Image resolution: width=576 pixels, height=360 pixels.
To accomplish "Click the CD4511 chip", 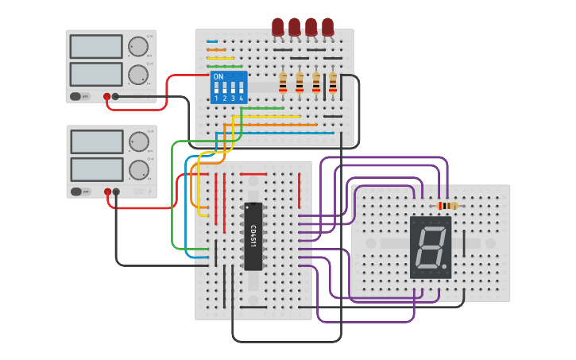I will coord(253,236).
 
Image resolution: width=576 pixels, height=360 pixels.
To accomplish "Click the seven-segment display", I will coord(431,247).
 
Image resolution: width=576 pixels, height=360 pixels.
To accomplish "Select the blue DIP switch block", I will coord(229,87).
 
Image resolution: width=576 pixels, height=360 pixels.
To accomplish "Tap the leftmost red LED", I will coord(277,27).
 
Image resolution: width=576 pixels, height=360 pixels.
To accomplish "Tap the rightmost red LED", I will coord(327,27).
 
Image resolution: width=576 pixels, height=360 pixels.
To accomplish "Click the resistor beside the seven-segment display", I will coord(447,206).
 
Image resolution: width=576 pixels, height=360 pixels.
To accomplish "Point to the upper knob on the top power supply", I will coord(138,46).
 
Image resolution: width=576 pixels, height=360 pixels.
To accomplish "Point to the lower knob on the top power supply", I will coord(138,75).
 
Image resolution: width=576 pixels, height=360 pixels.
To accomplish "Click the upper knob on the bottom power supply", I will coord(139,141).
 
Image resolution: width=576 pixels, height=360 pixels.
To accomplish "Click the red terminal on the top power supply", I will coord(106,96).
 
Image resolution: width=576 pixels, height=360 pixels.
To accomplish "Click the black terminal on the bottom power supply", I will coord(117,192).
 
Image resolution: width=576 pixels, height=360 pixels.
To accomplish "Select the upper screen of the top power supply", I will coord(96,46).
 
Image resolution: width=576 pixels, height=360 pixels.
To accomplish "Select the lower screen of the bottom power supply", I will coord(96,169).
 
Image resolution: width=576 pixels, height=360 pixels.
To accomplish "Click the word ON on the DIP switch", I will coord(218,76).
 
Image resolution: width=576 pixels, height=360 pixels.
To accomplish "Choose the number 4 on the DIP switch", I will coord(241,99).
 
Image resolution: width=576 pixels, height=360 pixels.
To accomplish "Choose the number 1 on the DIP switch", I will coord(215,99).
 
